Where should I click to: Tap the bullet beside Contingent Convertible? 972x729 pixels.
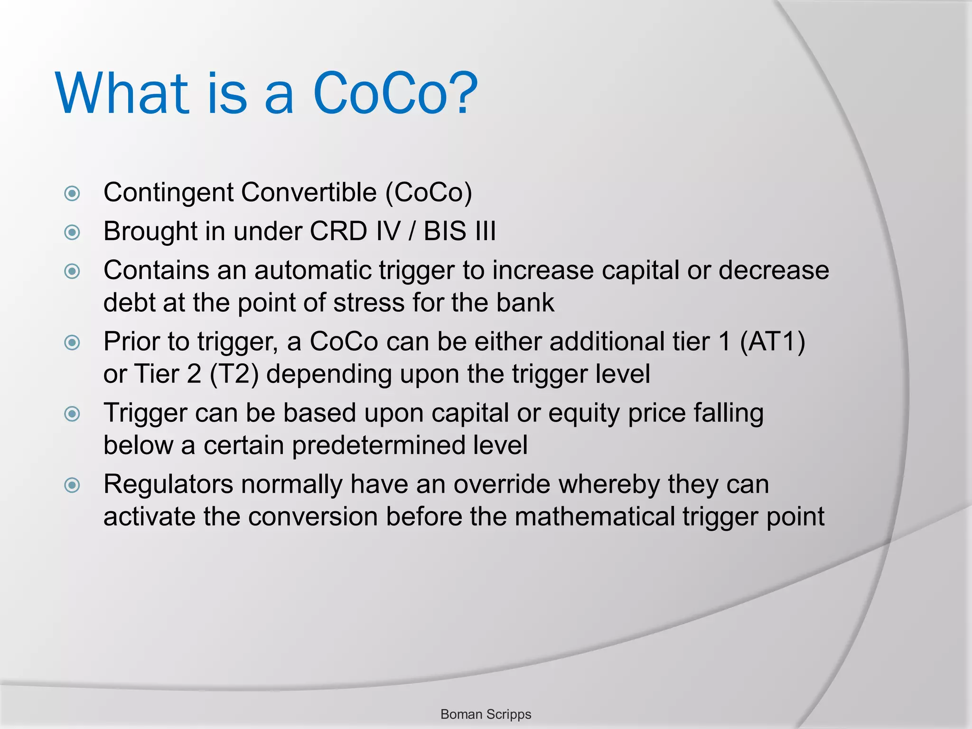coord(72,193)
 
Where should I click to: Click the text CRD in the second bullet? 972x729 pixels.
coord(338,232)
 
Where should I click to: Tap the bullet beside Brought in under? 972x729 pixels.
coord(72,232)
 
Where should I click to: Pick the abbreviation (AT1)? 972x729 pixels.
coord(772,342)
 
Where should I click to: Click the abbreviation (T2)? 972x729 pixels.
coord(234,374)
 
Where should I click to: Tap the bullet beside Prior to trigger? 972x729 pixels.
coord(72,342)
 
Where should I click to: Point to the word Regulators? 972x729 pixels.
coord(168,485)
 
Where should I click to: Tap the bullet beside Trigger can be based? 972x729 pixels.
coord(72,414)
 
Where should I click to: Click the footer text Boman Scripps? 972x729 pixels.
coord(486,714)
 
